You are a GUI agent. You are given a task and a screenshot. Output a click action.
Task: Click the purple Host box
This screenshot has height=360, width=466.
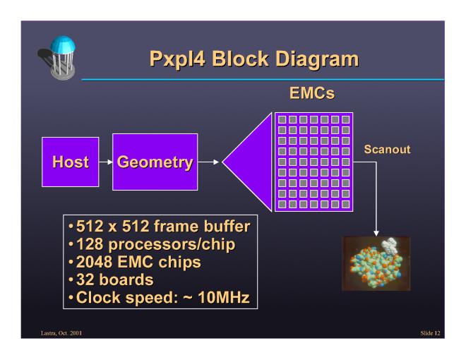pos(71,162)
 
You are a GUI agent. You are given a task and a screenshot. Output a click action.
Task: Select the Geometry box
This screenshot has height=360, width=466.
pos(155,162)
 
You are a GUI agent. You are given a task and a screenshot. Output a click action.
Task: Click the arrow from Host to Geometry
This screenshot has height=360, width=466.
pos(105,162)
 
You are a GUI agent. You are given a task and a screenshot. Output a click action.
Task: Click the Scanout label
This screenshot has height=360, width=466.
pos(386,150)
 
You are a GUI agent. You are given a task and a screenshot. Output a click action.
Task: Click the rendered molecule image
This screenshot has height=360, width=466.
pos(375,263)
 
